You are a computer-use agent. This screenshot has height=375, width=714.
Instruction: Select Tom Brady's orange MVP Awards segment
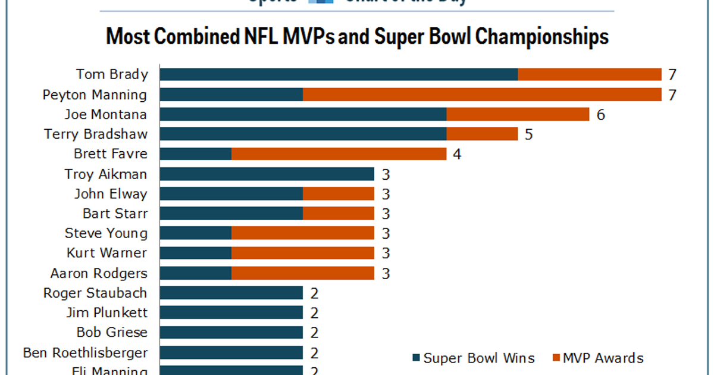tap(590, 74)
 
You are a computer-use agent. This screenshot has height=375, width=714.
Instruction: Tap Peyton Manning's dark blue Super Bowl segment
tap(231, 95)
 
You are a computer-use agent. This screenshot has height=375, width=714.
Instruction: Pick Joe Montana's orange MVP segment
tap(518, 114)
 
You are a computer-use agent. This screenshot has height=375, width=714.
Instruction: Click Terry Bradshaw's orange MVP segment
tap(482, 134)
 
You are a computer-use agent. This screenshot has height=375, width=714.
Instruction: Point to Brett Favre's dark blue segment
tap(196, 154)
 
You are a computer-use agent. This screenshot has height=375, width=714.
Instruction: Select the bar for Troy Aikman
tap(267, 174)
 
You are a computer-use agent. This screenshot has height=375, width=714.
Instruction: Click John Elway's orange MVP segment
tap(339, 193)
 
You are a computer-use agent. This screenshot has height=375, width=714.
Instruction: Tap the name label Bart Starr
tap(115, 213)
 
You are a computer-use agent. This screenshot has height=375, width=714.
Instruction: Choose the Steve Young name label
tap(106, 233)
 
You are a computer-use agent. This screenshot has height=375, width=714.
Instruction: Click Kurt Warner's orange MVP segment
tap(303, 253)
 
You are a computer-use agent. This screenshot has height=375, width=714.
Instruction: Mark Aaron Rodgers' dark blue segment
tap(196, 273)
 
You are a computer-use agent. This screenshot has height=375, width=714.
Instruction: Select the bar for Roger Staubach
tap(231, 293)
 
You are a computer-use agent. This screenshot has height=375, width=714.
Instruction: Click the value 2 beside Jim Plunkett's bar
tap(315, 313)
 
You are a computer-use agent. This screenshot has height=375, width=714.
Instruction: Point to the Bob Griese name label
tap(112, 332)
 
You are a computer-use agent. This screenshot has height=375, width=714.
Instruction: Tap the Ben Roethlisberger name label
tap(85, 352)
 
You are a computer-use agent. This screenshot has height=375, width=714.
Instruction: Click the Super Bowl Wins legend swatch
tap(416, 358)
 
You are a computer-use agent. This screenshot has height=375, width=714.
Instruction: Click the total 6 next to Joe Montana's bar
tap(601, 114)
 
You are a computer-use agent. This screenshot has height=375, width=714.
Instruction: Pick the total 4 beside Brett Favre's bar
tap(457, 154)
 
